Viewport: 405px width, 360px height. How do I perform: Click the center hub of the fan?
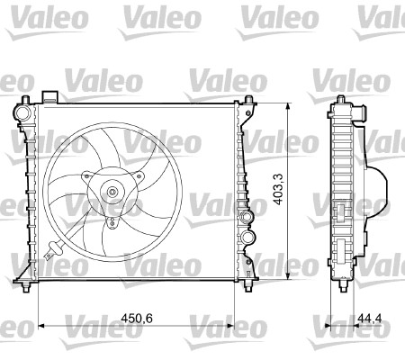coord(112,191)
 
